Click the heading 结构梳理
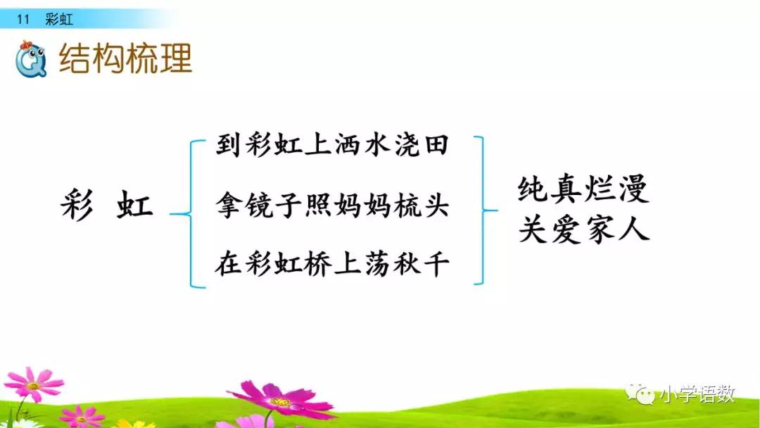[125, 59]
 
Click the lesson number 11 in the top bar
[23, 20]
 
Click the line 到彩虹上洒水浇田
[332, 147]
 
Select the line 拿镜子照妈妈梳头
[332, 207]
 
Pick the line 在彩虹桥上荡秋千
[332, 265]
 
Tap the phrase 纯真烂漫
[583, 190]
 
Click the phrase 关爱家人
[583, 229]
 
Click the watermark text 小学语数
[697, 395]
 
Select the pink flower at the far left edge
[32, 384]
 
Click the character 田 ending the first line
[436, 147]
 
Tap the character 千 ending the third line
[436, 265]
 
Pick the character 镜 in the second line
[262, 207]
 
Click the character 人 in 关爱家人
[635, 229]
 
